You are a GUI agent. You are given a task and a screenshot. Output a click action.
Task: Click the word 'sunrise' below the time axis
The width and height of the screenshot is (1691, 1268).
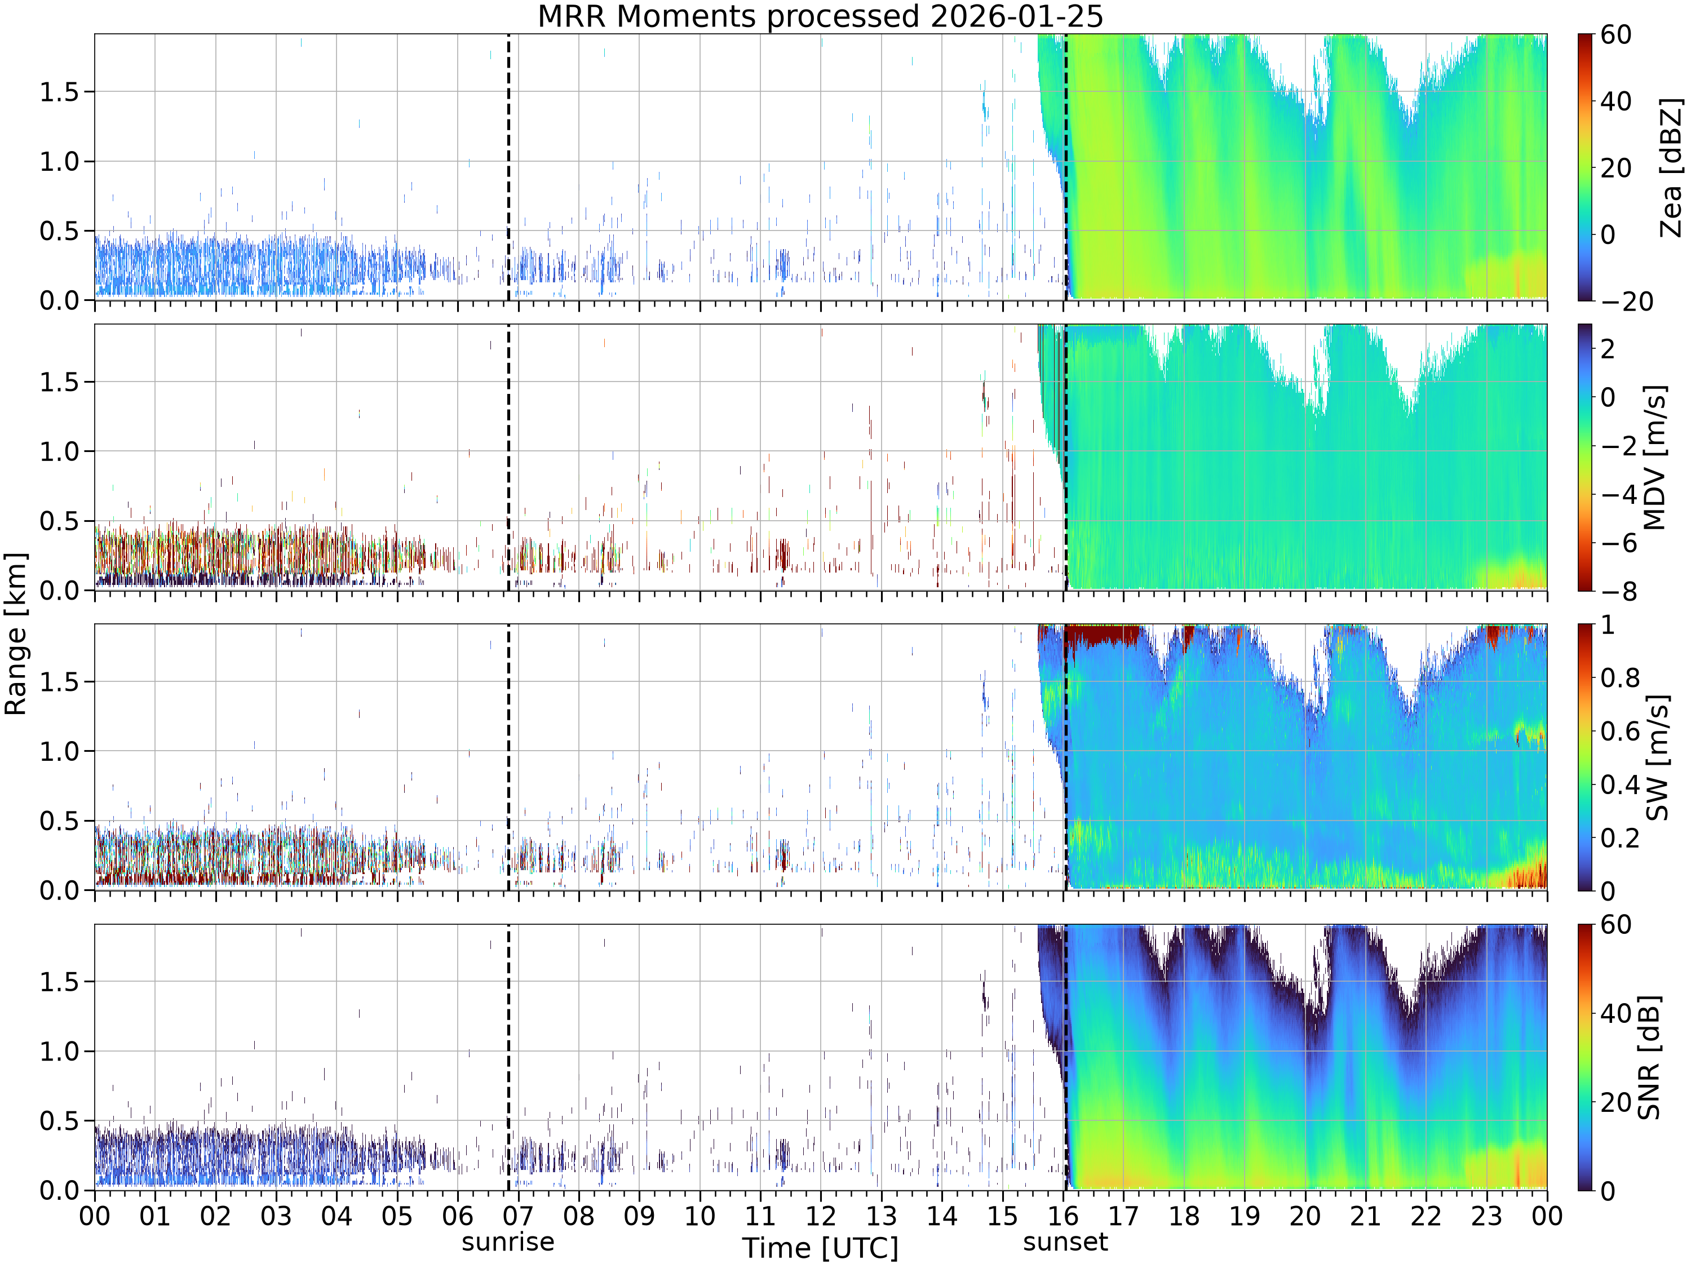[x=508, y=1242]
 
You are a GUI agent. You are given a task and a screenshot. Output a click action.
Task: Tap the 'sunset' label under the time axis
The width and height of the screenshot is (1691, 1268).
[x=1065, y=1242]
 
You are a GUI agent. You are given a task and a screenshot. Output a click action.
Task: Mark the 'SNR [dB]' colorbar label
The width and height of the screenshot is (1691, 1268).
[x=1649, y=1057]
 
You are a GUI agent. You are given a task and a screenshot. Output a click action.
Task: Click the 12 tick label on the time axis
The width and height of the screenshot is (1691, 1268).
[x=820, y=1215]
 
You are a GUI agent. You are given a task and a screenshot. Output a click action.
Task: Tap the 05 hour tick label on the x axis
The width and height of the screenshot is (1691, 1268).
[x=397, y=1215]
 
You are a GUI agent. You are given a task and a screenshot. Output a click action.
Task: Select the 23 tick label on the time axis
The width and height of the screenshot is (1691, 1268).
[x=1486, y=1215]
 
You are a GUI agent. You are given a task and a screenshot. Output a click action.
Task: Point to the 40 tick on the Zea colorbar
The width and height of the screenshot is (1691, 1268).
[x=1616, y=101]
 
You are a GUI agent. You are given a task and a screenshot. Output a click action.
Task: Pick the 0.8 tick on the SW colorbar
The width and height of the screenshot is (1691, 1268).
[x=1620, y=678]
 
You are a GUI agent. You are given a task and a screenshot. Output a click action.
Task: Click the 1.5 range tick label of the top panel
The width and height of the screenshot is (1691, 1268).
[x=60, y=92]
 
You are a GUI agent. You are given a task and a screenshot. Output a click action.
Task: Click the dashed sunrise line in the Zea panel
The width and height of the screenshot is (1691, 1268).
[x=508, y=167]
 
